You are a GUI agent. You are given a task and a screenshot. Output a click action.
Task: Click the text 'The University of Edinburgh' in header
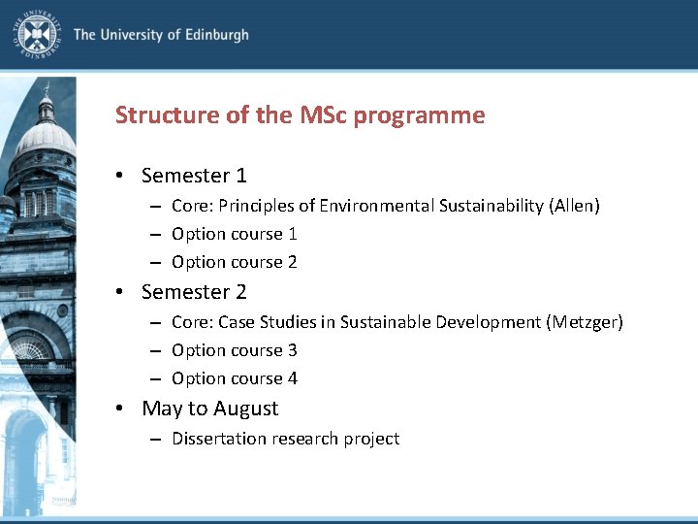[x=161, y=35]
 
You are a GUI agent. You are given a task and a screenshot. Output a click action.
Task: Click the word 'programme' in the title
[x=419, y=116]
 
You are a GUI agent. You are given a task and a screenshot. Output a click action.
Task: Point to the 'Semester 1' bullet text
[x=194, y=176]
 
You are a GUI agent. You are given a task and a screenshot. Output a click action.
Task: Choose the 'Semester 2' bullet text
[x=194, y=292]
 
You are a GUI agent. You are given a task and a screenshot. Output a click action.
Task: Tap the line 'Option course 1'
[x=234, y=234]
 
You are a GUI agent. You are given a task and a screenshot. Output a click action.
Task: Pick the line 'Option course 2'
[x=234, y=262]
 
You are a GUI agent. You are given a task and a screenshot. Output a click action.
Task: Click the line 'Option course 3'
[x=234, y=350]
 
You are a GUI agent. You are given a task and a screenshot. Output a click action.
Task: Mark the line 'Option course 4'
[x=234, y=378]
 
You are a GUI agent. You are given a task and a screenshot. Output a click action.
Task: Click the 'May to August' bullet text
[x=209, y=409]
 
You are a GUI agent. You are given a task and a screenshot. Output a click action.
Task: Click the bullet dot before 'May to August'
[x=118, y=409]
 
